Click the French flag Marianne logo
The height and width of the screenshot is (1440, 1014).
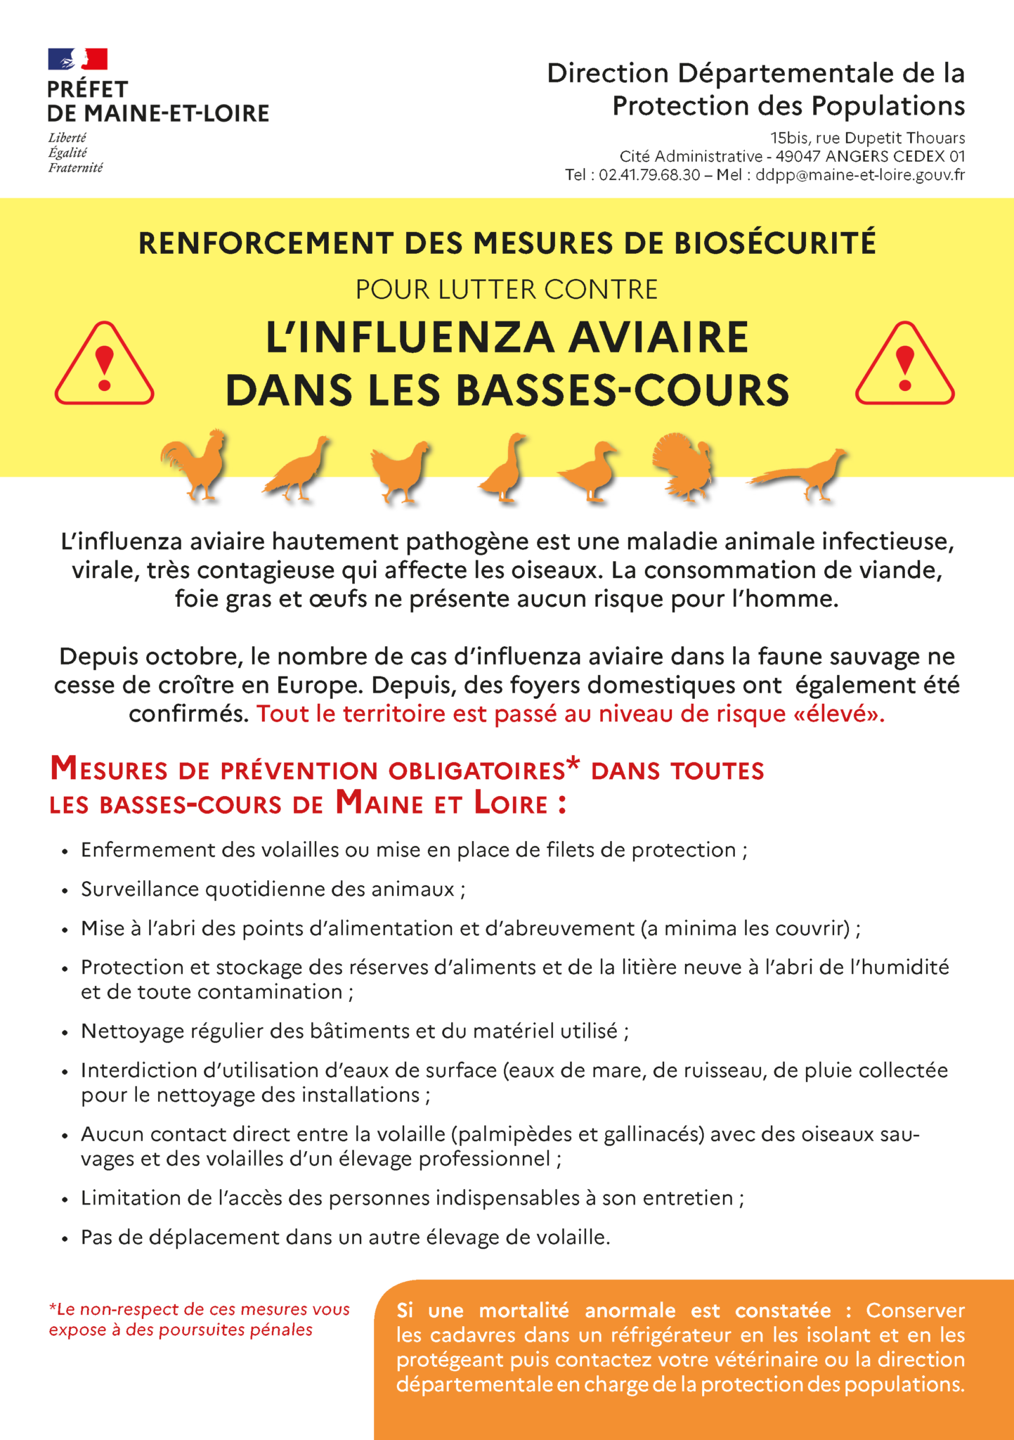click(77, 59)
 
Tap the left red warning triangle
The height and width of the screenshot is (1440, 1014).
click(104, 366)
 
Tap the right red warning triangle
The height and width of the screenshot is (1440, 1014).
click(904, 366)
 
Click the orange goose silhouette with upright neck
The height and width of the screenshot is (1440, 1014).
click(504, 468)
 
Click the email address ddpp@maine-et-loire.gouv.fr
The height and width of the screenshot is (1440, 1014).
click(859, 175)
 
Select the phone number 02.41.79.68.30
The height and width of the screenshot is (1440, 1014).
click(649, 175)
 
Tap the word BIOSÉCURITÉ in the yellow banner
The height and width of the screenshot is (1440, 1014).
click(774, 243)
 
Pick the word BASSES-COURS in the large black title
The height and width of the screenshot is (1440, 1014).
click(623, 390)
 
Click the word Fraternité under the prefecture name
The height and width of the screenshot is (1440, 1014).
click(75, 168)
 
